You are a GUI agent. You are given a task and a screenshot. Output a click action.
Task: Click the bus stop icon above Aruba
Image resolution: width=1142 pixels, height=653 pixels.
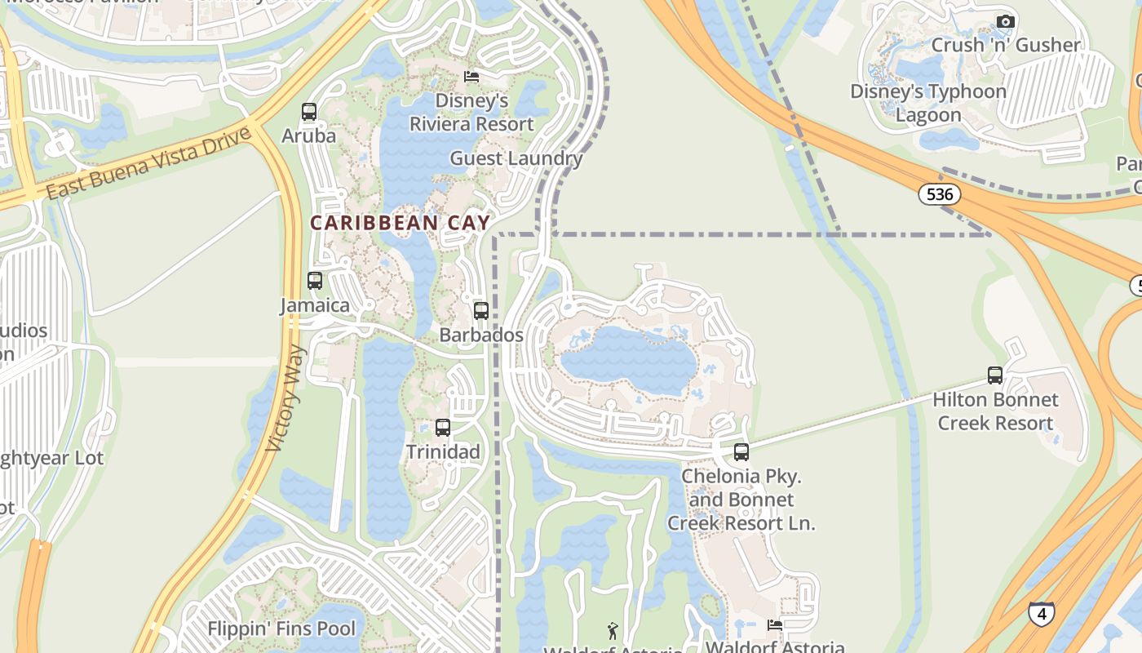point(309,112)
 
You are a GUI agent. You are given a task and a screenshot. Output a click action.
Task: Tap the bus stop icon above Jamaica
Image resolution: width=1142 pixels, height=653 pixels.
point(315,281)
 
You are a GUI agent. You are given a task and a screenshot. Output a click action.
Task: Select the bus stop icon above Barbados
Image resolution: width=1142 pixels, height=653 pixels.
point(481,311)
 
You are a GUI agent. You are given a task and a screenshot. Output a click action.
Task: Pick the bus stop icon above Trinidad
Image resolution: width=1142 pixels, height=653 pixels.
point(443,428)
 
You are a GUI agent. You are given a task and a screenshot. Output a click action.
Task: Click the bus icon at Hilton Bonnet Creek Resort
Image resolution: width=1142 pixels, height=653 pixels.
point(995,375)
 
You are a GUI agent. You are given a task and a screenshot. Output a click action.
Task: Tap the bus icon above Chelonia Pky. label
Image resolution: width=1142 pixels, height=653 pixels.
point(741,452)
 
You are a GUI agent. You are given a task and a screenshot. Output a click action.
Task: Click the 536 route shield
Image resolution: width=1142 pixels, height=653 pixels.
point(939,194)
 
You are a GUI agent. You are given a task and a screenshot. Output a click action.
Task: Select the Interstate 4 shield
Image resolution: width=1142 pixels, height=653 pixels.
point(1040,613)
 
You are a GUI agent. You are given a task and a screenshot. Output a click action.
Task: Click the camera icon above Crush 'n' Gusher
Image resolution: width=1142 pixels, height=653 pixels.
point(1006,21)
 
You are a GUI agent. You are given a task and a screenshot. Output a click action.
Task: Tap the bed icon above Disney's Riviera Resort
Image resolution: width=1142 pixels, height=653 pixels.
point(471,77)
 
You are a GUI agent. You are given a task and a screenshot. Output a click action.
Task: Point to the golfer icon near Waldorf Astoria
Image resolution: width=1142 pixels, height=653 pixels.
point(613,630)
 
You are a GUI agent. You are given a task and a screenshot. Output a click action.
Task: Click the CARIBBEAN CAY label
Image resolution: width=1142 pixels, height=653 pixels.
point(400,223)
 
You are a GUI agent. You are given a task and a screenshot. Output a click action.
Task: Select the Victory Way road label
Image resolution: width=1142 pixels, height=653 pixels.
point(285,398)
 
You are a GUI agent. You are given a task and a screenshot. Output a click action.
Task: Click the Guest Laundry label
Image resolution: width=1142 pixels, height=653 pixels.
point(516,158)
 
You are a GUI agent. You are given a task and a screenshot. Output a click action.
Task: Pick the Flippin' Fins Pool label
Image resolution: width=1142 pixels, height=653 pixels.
point(281,629)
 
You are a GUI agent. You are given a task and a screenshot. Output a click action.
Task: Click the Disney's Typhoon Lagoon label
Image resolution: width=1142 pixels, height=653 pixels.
point(928,103)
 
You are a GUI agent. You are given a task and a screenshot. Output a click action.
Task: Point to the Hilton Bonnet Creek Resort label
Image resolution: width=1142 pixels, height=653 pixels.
point(995,411)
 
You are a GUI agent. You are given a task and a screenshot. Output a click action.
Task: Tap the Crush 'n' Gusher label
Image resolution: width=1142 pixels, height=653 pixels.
point(1006,45)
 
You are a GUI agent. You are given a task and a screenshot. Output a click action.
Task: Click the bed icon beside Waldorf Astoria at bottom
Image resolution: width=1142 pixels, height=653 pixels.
point(775,624)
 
